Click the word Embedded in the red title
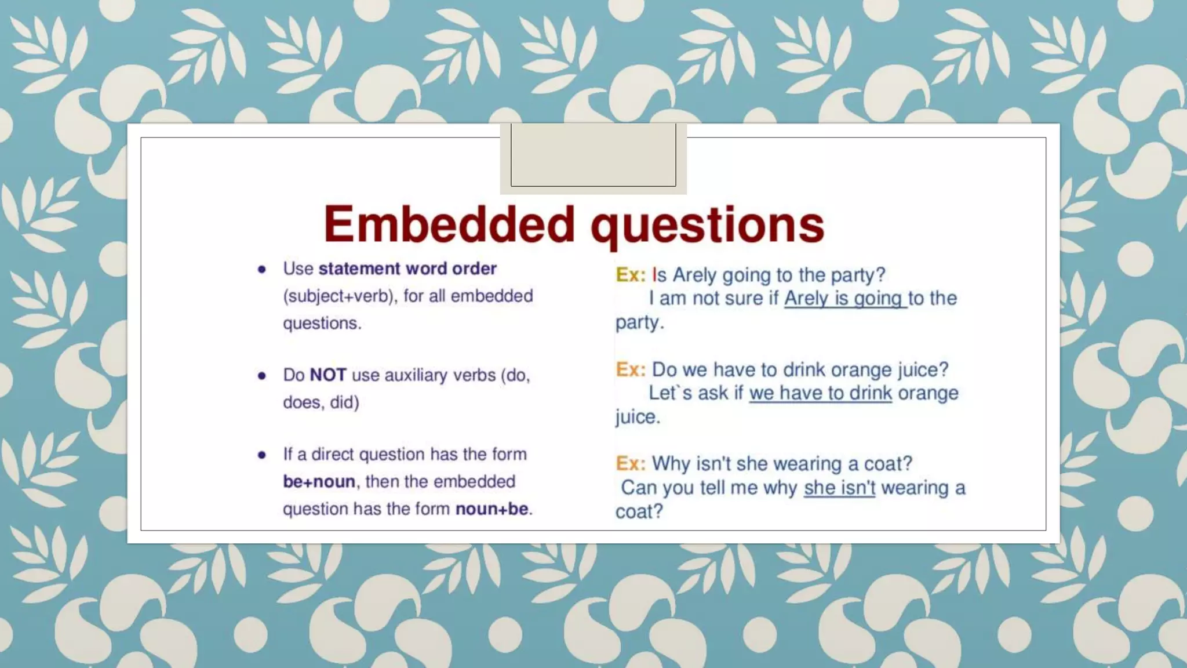449,224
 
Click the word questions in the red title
707,226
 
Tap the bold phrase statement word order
407,268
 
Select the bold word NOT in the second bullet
328,375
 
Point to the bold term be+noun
319,482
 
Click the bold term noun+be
492,509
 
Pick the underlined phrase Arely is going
844,299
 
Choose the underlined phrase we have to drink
820,393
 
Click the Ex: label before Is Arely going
631,275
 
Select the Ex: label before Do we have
631,369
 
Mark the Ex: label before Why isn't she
631,464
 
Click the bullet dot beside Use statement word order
262,269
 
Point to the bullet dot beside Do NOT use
262,376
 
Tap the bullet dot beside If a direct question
262,455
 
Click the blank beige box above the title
593,155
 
